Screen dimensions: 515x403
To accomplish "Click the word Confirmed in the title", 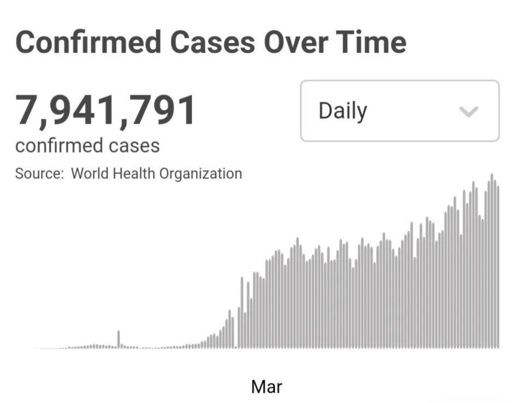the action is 88,42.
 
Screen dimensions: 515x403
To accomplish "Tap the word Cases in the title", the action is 212,42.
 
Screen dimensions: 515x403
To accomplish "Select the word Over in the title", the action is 296,42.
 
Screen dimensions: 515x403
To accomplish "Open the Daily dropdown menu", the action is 400,111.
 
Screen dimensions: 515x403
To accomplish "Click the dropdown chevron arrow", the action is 469,111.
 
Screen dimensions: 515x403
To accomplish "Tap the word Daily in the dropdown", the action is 342,111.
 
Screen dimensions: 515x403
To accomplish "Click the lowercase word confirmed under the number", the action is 59,145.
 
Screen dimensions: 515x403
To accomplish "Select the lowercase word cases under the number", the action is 134,147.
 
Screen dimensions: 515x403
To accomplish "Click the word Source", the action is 39,173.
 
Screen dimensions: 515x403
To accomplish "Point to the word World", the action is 90,173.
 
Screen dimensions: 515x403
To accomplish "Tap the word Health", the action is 134,173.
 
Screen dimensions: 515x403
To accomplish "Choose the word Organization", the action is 200,174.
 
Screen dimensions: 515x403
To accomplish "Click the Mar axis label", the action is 267,387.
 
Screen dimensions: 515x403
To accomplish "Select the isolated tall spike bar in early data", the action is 119,339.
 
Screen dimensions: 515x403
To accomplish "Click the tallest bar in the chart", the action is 492,260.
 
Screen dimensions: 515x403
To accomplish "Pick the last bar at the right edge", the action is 498,267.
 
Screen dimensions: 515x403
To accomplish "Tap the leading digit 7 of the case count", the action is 27,109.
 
